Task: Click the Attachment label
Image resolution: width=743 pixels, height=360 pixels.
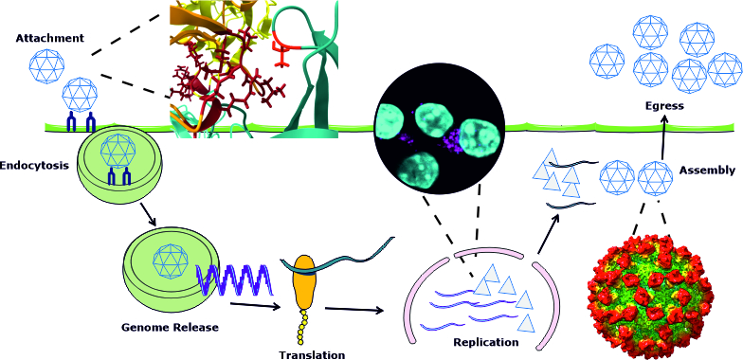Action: pyautogui.click(x=49, y=38)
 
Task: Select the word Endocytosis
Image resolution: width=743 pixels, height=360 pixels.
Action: pyautogui.click(x=33, y=167)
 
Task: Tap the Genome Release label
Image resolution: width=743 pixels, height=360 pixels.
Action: pyautogui.click(x=171, y=327)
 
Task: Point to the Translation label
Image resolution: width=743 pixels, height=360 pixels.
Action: pyautogui.click(x=311, y=354)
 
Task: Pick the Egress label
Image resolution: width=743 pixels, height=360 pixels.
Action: pyautogui.click(x=665, y=106)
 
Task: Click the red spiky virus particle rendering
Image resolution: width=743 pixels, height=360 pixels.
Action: pyautogui.click(x=649, y=295)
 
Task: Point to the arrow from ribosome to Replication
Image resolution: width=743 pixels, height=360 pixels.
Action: pyautogui.click(x=354, y=310)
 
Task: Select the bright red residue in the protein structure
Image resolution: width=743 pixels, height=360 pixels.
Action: pyautogui.click(x=283, y=51)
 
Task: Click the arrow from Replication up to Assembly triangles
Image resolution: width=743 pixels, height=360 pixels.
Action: pyautogui.click(x=549, y=233)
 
